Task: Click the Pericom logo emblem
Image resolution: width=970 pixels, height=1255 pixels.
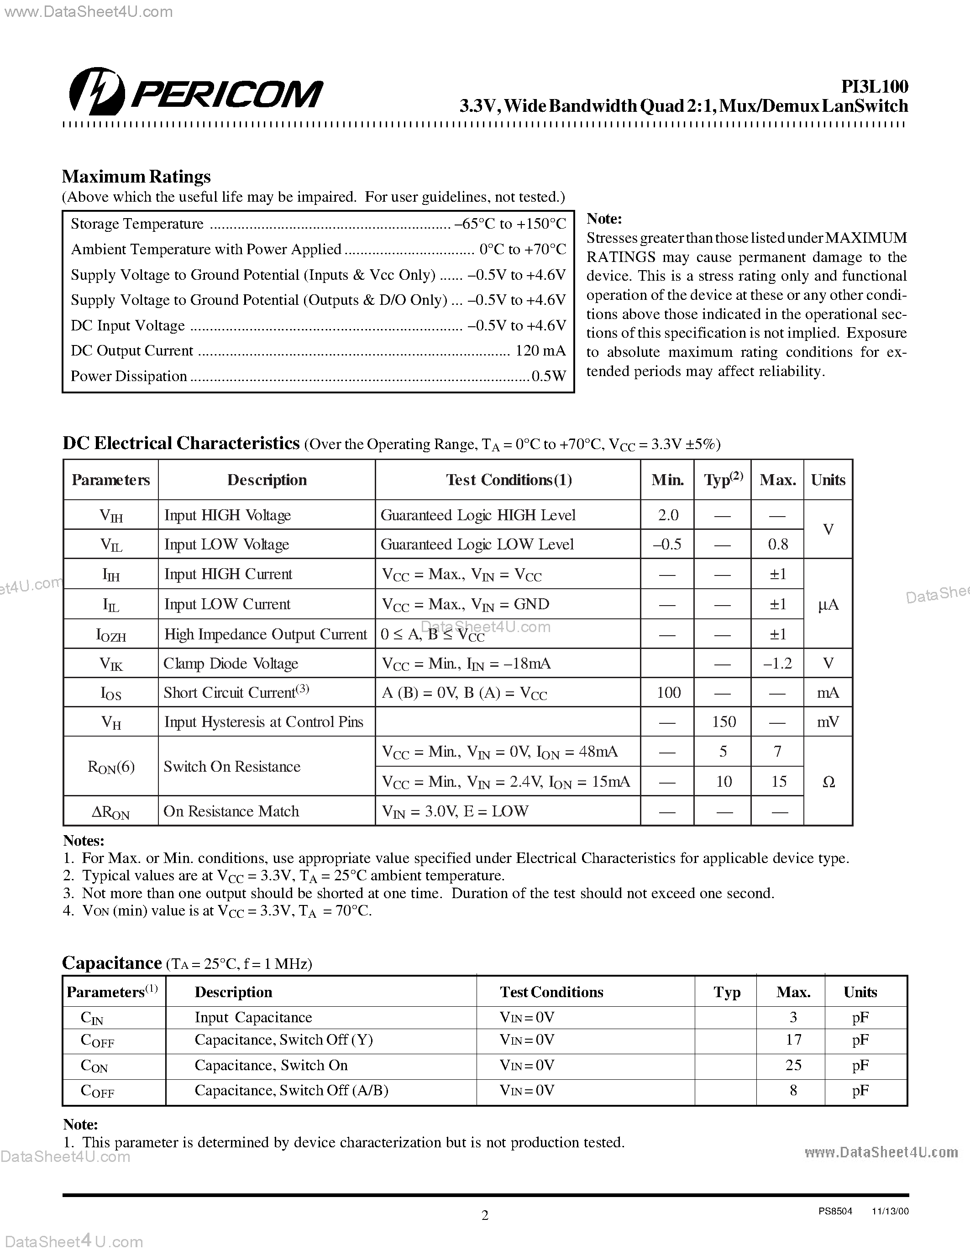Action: (96, 92)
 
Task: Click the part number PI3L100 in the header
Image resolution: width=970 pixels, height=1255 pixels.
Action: (874, 87)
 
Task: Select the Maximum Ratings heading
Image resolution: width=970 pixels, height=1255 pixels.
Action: (136, 177)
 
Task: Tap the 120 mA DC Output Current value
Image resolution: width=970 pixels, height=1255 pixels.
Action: (540, 350)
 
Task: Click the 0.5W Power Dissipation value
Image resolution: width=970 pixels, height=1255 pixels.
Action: (549, 376)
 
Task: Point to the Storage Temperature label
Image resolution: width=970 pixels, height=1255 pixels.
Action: (137, 224)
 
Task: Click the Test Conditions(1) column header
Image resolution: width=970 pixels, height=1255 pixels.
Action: (509, 480)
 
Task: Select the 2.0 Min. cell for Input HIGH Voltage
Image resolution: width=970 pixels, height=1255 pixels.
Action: (668, 515)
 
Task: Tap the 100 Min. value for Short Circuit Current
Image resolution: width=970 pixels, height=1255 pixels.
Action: (668, 692)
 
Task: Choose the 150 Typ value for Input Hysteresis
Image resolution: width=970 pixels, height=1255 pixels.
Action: (724, 722)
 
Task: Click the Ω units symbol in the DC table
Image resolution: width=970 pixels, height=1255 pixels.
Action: (828, 781)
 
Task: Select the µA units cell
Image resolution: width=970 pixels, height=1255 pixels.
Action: (828, 605)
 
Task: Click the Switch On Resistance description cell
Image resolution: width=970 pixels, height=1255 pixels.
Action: (232, 767)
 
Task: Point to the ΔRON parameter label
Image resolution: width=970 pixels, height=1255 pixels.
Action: (111, 812)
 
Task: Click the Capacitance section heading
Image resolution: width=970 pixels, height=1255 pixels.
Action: (111, 963)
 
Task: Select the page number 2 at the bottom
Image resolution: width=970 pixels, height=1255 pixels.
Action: (484, 1215)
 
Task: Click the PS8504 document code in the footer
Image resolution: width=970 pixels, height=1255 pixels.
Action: (835, 1211)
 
